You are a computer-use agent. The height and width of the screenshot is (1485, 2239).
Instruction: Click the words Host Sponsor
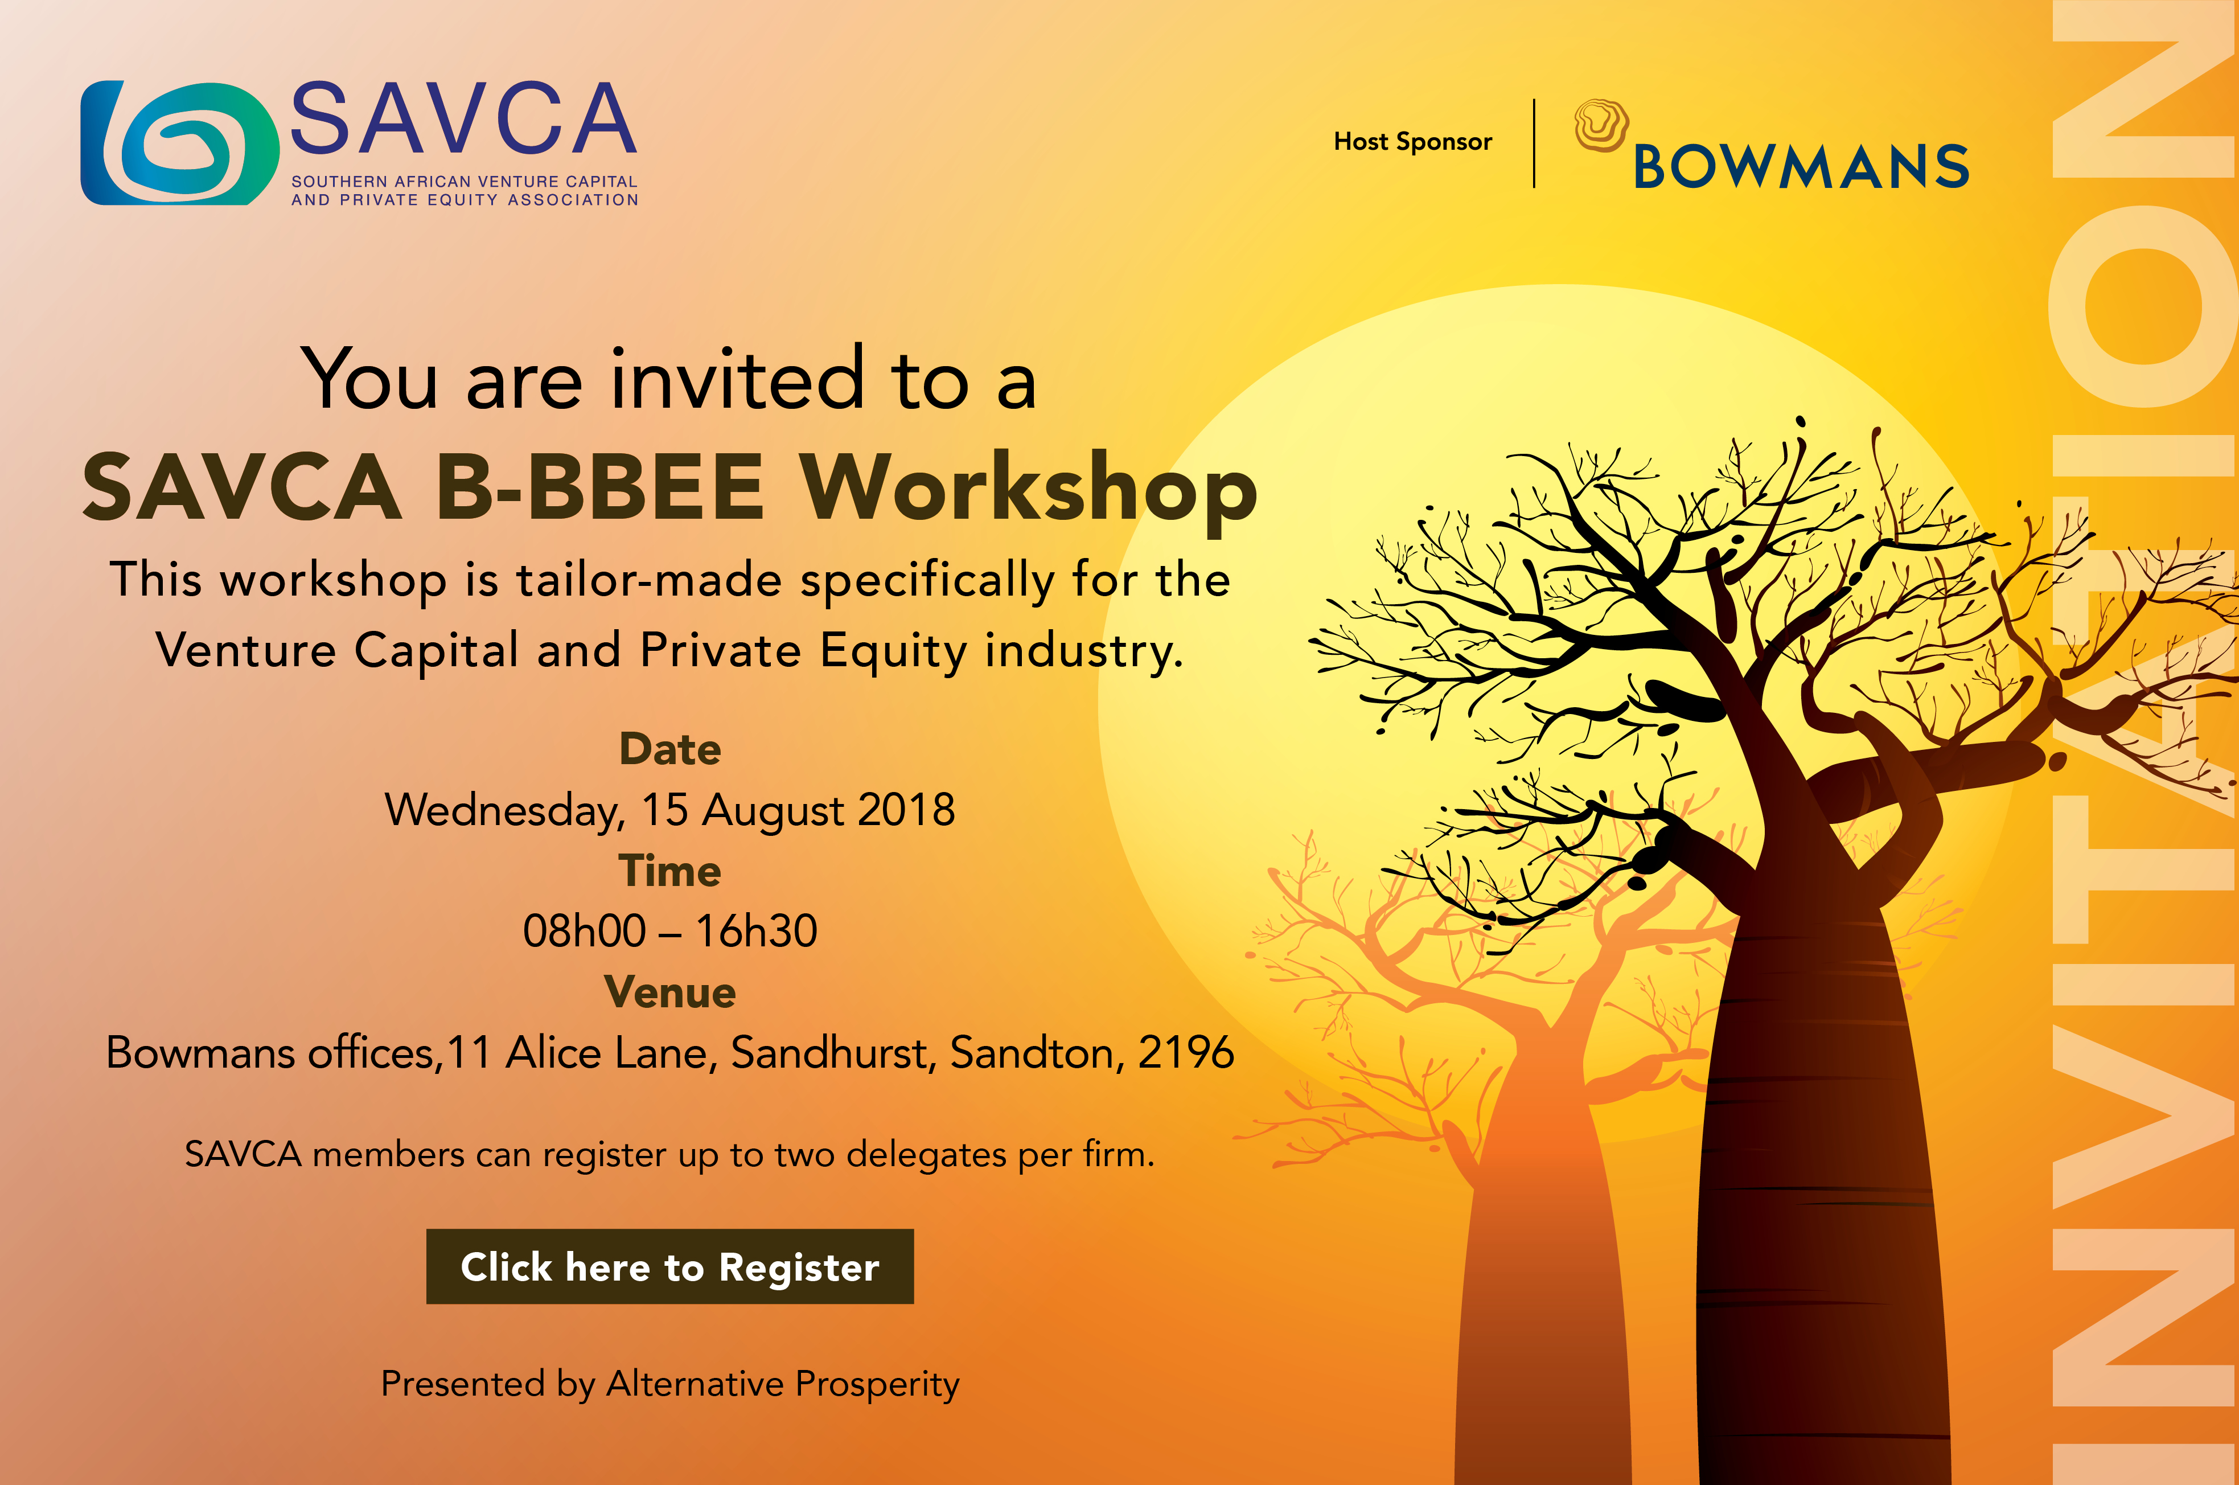click(x=1412, y=142)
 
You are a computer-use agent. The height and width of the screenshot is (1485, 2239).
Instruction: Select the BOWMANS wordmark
click(x=1801, y=167)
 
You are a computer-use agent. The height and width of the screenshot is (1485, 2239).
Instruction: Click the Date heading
click(x=670, y=749)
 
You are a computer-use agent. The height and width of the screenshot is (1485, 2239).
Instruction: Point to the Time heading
click(x=670, y=871)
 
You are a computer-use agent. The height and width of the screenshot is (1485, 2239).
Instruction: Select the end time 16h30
click(x=757, y=931)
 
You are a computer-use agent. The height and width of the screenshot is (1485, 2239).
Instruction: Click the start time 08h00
click(x=584, y=931)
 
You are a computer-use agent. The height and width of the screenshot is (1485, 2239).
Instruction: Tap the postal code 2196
click(x=1186, y=1052)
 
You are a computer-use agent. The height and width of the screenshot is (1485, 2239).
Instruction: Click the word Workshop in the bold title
click(x=1029, y=489)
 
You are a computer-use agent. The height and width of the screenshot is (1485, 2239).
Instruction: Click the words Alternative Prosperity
click(x=783, y=1385)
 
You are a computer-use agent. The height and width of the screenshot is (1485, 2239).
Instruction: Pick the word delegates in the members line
click(x=926, y=1155)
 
